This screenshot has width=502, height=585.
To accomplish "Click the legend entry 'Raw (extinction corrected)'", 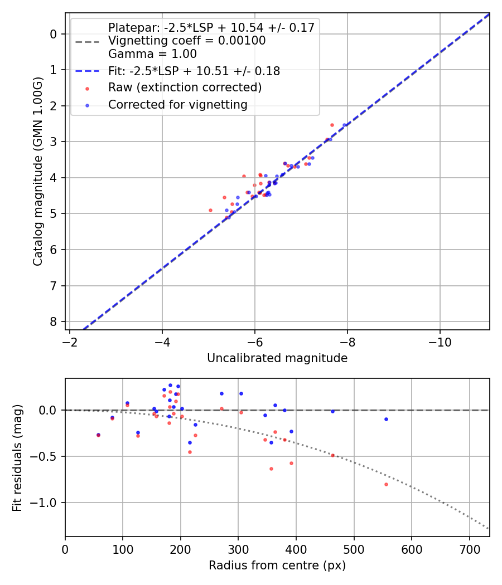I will coord(185,87).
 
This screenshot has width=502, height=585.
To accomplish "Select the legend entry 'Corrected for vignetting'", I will coord(177,104).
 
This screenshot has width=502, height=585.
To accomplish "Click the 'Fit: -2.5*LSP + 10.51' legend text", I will coord(194,71).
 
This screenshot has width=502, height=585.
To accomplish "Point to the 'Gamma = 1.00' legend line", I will coord(152,54).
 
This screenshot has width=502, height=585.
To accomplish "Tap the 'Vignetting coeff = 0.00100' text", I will coord(187,41).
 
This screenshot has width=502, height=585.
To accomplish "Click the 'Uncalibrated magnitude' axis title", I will coord(277,358).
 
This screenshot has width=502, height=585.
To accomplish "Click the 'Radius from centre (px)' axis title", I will coord(277,565).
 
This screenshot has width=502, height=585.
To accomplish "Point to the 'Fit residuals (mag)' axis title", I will coord(17,457).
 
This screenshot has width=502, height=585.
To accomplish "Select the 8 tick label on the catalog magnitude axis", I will coord(54,322).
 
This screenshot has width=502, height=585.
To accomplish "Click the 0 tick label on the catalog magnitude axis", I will coord(54,34).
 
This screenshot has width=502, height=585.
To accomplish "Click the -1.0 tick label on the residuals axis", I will coord(47,503).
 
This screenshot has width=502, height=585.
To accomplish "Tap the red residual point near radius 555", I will coord(386,484).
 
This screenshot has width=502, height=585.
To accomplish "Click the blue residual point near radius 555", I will coord(386,419).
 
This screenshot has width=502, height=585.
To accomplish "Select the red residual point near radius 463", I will coord(333,455).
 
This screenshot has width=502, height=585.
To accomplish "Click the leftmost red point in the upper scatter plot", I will coord(210,210).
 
